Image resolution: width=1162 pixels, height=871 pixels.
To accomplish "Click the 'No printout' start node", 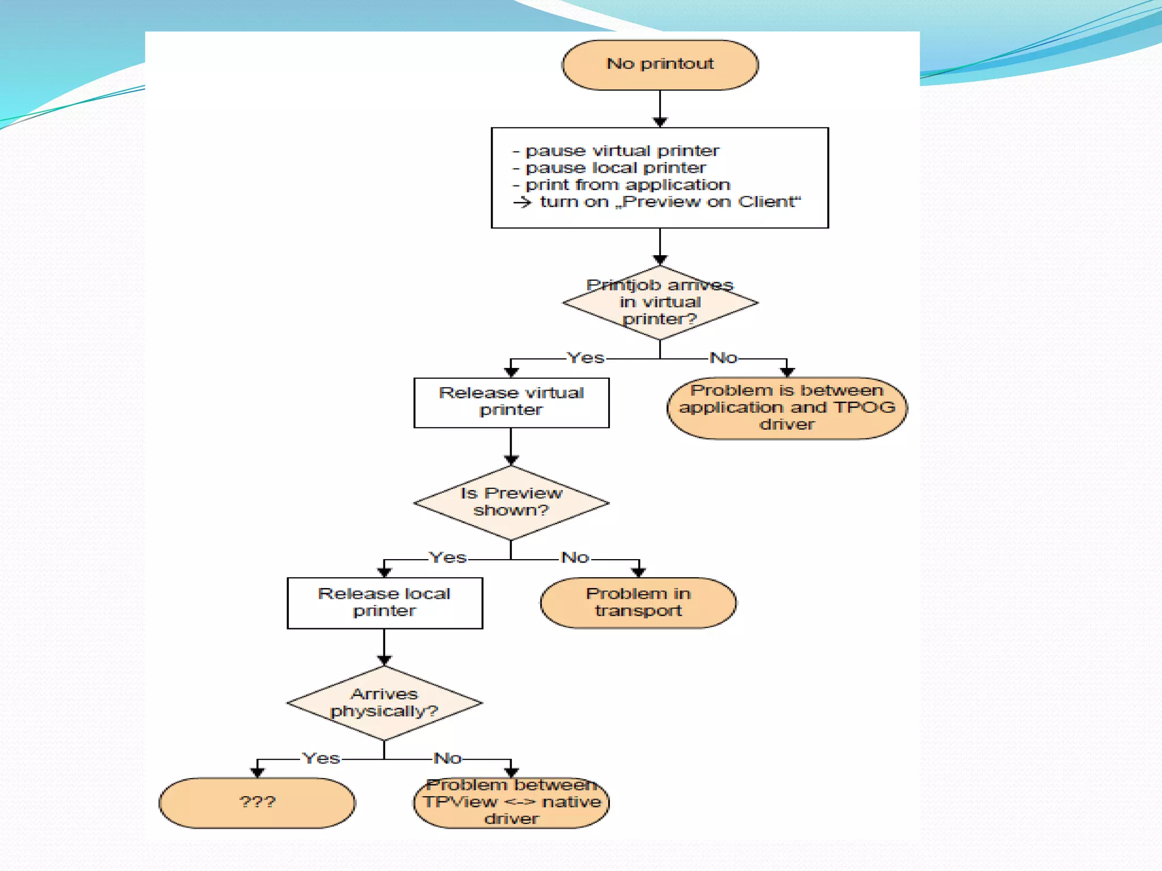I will point(660,65).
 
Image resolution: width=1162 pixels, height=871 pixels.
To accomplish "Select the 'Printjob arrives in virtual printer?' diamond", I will point(660,303).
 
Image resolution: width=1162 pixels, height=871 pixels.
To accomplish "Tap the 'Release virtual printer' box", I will point(511,402).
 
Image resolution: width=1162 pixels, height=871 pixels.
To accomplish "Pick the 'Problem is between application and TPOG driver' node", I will point(787,408).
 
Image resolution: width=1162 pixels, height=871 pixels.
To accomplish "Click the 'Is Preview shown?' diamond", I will point(511,502).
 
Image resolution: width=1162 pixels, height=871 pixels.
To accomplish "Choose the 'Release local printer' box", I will point(385,603).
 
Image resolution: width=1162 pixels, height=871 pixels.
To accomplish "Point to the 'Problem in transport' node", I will point(638,603).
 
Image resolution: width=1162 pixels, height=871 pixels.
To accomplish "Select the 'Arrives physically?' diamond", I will point(385,703).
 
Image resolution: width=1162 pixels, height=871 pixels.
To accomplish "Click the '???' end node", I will point(258,802).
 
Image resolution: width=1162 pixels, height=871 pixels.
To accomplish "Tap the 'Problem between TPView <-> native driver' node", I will point(511,802).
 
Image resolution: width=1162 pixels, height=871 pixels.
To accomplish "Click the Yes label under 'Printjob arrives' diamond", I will point(586,358).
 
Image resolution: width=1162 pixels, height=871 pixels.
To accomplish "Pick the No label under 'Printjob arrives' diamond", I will point(723,358).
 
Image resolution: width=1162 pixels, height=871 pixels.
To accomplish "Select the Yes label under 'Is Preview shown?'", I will point(448,558).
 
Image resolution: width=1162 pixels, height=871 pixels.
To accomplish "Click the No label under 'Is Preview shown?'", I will point(575,558).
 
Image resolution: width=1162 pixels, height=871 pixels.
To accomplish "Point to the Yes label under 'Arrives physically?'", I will point(321,759).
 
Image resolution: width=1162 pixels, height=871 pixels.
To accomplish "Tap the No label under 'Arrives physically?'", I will point(448,759).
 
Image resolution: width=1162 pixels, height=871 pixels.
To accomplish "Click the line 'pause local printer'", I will point(616,168).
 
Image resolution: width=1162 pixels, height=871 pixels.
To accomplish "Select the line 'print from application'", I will point(628,185).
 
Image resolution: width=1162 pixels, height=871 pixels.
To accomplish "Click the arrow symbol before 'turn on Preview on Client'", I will point(522,202).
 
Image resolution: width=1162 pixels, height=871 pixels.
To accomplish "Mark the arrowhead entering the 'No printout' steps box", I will point(660,122).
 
